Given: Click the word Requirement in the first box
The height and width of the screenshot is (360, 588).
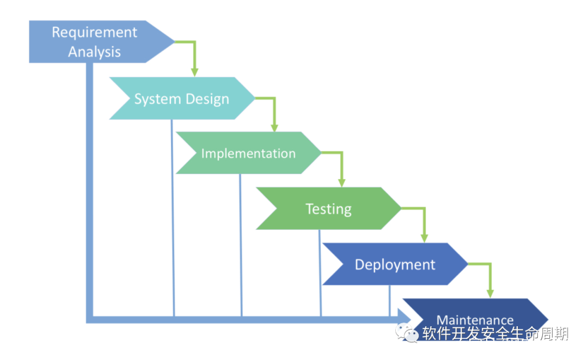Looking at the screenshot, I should pyautogui.click(x=94, y=33).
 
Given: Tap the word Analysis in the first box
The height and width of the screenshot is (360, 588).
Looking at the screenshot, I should pyautogui.click(x=94, y=52).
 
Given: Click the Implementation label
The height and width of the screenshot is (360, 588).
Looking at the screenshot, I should pyautogui.click(x=248, y=154).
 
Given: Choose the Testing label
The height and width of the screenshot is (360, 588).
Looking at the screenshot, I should pyautogui.click(x=328, y=209).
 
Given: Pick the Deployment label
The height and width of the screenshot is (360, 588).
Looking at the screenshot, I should pyautogui.click(x=395, y=265).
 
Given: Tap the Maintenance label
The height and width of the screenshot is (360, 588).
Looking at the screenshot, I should pyautogui.click(x=475, y=320).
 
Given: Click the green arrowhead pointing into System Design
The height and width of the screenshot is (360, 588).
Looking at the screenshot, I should pyautogui.click(x=194, y=72).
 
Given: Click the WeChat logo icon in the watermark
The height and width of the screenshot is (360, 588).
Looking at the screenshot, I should pyautogui.click(x=408, y=333).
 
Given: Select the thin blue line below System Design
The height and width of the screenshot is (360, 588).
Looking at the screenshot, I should pyautogui.click(x=173, y=218).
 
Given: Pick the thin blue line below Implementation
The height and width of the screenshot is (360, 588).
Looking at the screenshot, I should pyautogui.click(x=241, y=245).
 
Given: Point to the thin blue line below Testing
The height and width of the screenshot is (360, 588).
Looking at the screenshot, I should pyautogui.click(x=320, y=272).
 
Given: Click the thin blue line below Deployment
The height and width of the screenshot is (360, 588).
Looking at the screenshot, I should pyautogui.click(x=389, y=300).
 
